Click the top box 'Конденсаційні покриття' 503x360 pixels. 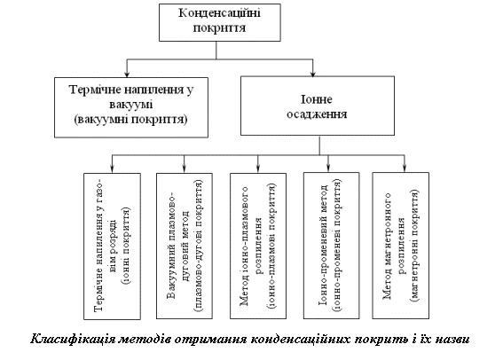pos(220,22)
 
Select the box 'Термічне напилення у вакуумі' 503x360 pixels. pos(131,107)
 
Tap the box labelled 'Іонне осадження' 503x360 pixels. pos(318,106)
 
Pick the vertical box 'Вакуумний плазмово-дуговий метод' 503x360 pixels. pos(185,247)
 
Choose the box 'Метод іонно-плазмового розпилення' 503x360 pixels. pos(258,247)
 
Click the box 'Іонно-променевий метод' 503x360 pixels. pos(332,246)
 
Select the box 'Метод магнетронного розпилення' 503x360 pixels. pos(401,246)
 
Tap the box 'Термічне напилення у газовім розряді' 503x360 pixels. pos(113,247)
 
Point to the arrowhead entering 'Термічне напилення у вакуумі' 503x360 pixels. pos(127,74)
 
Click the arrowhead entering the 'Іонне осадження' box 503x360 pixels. pos(313,74)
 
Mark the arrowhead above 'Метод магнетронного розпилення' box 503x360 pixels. pos(405,169)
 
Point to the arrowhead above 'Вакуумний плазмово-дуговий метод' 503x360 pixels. pos(185,169)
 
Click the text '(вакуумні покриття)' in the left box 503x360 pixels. pos(131,120)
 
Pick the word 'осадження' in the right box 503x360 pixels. pos(317,114)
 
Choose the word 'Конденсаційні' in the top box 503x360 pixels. pos(220,13)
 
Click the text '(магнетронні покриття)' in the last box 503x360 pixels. pos(414,246)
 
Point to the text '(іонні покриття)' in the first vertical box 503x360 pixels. pos(125,247)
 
